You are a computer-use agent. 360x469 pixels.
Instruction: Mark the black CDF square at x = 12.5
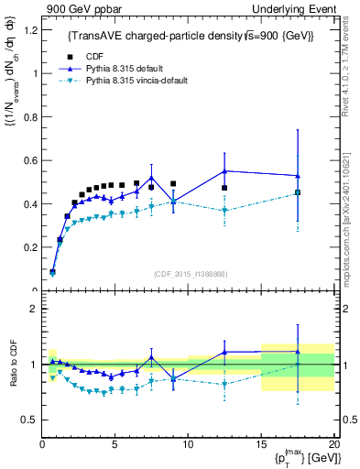(x=224, y=188)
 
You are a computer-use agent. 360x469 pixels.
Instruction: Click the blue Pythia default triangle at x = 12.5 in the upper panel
(x=224, y=171)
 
